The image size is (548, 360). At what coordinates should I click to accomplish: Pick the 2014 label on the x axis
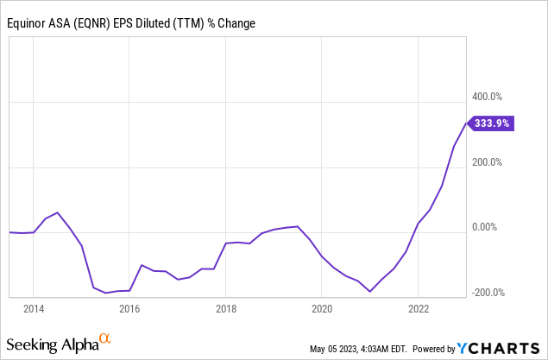pos(34,308)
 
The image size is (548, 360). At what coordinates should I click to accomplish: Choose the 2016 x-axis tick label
pos(129,308)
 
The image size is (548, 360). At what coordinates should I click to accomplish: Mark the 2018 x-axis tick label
pos(225,308)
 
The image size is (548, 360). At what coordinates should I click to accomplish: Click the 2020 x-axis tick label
pos(322,308)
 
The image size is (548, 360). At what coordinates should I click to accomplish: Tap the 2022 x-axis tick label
pos(418,308)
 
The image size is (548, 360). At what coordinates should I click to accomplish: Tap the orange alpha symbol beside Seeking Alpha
pos(104,339)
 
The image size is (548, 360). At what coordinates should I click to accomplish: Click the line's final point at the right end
pos(467,123)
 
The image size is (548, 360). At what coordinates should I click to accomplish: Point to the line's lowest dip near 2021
pos(370,292)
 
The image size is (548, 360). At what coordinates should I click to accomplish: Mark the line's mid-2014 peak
pos(57,212)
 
